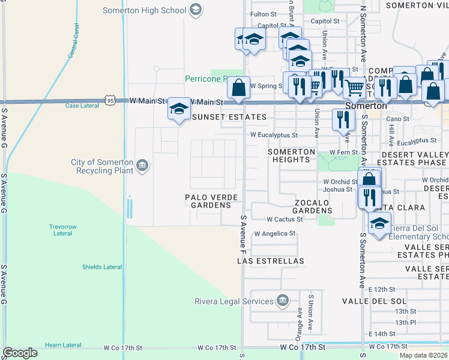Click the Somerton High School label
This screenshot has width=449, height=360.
pyautogui.click(x=143, y=10)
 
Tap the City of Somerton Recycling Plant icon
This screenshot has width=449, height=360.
pyautogui.click(x=142, y=166)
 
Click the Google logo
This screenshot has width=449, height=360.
pyautogui.click(x=20, y=352)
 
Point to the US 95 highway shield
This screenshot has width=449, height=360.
pyautogui.click(x=110, y=101)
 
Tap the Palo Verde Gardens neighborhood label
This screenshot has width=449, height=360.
pyautogui.click(x=211, y=201)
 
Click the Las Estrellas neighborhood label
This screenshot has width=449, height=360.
pyautogui.click(x=271, y=261)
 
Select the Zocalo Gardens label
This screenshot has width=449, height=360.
pyautogui.click(x=312, y=207)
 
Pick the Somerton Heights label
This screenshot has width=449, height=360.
pyautogui.click(x=291, y=156)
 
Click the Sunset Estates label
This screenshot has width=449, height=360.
pyautogui.click(x=229, y=116)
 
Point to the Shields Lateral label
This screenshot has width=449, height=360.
pyautogui.click(x=100, y=267)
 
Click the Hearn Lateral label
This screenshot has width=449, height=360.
pyautogui.click(x=62, y=345)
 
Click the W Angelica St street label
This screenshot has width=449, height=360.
pyautogui.click(x=275, y=233)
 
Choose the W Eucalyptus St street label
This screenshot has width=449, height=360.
pyautogui.click(x=274, y=135)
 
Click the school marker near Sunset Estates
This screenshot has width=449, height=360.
pyautogui.click(x=178, y=109)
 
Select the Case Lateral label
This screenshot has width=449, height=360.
pyautogui.click(x=82, y=106)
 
